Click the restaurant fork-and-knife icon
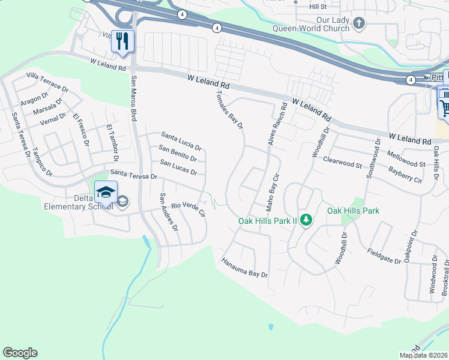pyautogui.click(x=122, y=41)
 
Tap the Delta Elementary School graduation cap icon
pyautogui.click(x=106, y=192)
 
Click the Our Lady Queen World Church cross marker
pyautogui.click(x=358, y=23)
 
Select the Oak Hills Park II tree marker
pyautogui.click(x=306, y=220)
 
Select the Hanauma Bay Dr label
pyautogui.click(x=244, y=268)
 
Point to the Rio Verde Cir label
pyautogui.click(x=188, y=209)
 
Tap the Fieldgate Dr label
pyautogui.click(x=384, y=257)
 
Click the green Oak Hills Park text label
pyautogui.click(x=353, y=211)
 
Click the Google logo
pyautogui.click(x=20, y=353)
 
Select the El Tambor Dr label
pyautogui.click(x=109, y=139)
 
